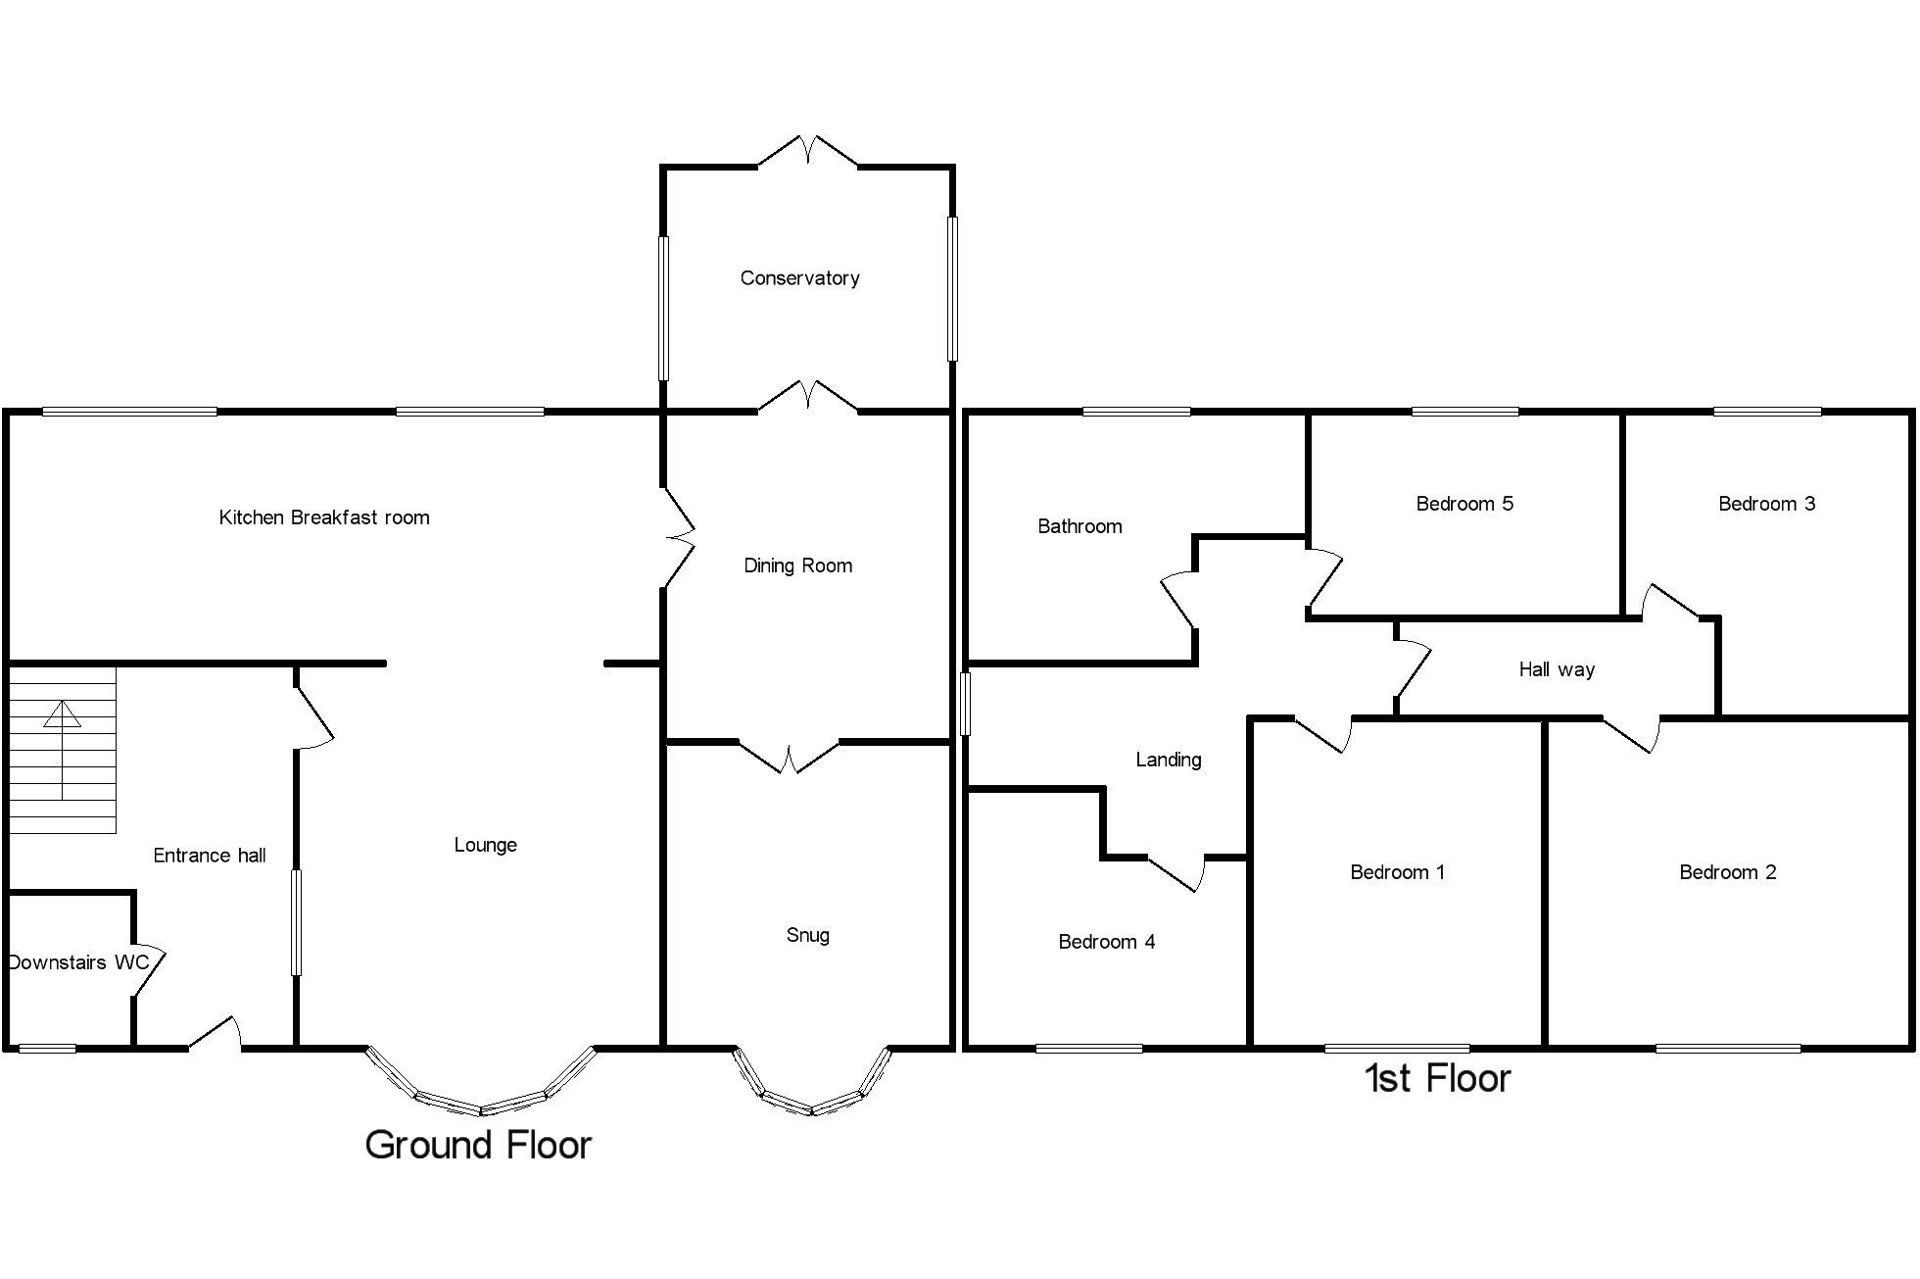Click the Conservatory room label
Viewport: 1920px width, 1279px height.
(x=799, y=278)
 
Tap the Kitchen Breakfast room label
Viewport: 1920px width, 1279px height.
(x=324, y=517)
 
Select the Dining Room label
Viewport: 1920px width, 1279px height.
(x=797, y=566)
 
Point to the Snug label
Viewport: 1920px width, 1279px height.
(x=807, y=935)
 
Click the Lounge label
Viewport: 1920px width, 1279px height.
(x=485, y=845)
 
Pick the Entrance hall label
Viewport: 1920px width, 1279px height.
(x=210, y=856)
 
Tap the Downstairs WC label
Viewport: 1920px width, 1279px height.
(x=78, y=962)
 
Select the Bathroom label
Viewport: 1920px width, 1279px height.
(x=1080, y=526)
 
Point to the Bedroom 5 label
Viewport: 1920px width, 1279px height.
(x=1464, y=504)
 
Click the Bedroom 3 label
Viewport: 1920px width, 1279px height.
(x=1766, y=504)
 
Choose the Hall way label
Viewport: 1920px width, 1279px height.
(x=1557, y=669)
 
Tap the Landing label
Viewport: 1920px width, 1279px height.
(x=1168, y=760)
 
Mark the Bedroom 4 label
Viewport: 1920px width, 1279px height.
(x=1106, y=942)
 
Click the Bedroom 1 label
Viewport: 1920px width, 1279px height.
(x=1397, y=872)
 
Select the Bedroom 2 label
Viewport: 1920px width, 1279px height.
(x=1727, y=872)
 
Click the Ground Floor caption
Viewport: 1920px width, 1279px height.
(x=478, y=1145)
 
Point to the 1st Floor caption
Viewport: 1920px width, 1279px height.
(x=1437, y=1078)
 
